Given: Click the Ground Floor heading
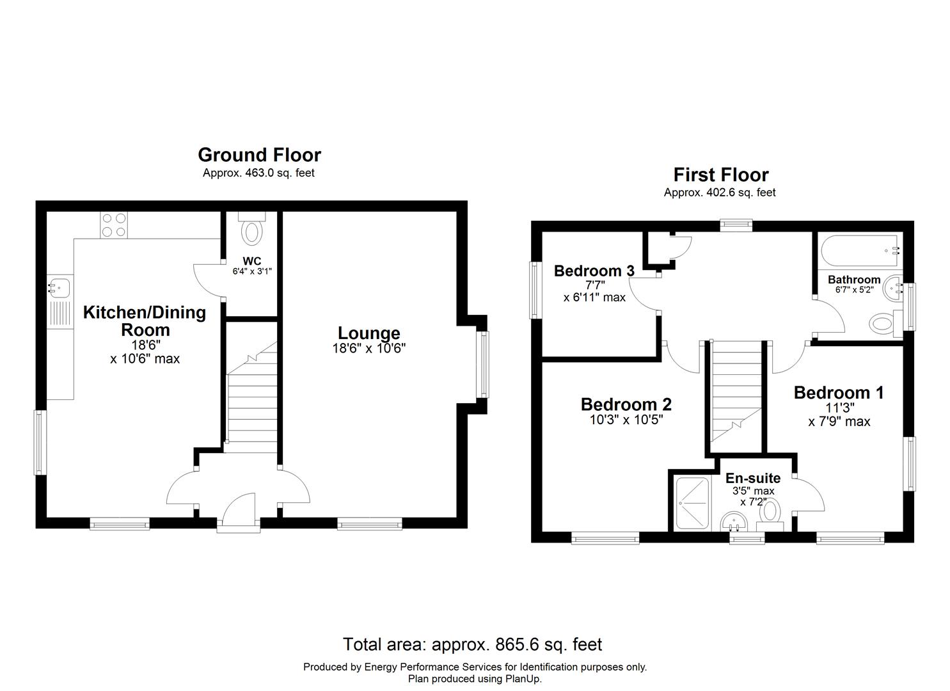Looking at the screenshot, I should pyautogui.click(x=259, y=155).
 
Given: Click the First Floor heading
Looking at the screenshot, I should pyautogui.click(x=720, y=175).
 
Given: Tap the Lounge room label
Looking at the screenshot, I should pyautogui.click(x=368, y=333).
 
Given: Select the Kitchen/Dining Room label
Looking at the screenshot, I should pyautogui.click(x=145, y=321).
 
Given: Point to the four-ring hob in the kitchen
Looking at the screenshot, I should pyautogui.click(x=114, y=225).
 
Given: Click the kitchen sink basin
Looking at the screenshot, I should pyautogui.click(x=59, y=287).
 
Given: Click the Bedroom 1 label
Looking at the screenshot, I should pyautogui.click(x=838, y=392).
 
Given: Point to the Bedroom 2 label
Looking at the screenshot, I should pyautogui.click(x=626, y=404).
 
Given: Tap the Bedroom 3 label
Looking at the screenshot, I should pyautogui.click(x=594, y=271).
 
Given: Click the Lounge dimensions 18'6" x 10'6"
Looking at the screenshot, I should pyautogui.click(x=368, y=349).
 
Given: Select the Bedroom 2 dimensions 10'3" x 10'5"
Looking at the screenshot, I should pyautogui.click(x=626, y=420).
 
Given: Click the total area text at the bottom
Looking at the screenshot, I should pyautogui.click(x=472, y=644).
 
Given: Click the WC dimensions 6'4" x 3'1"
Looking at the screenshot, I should pyautogui.click(x=252, y=271).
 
